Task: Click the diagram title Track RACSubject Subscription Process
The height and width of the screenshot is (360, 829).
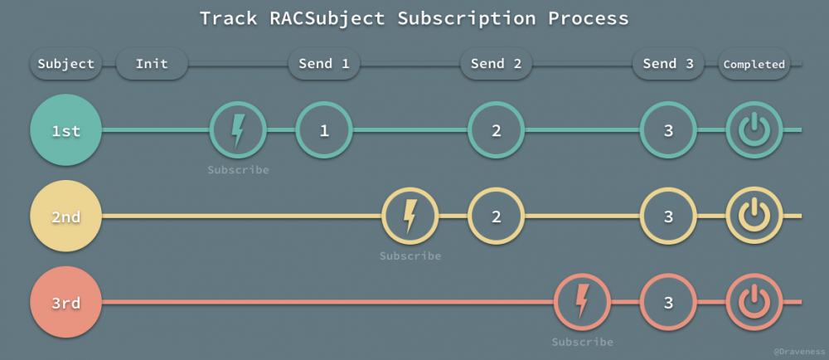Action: (414, 18)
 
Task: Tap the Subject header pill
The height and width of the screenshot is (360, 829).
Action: (65, 64)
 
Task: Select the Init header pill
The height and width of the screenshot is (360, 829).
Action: (152, 64)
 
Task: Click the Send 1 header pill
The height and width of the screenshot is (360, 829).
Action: (323, 64)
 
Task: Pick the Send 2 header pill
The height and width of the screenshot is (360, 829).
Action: (496, 64)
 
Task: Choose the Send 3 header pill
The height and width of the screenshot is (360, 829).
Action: (668, 64)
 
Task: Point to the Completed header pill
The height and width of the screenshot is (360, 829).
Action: (754, 64)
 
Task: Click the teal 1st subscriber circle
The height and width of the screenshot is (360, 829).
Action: (65, 130)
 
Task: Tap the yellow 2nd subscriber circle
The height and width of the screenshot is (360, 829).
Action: (65, 216)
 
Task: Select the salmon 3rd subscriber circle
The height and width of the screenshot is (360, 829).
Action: (65, 303)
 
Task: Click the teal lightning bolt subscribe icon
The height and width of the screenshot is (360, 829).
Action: (238, 130)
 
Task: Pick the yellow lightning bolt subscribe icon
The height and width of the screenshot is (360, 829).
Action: (410, 216)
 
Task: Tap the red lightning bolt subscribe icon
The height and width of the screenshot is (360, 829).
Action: (582, 303)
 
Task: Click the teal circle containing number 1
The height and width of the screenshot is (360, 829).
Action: (324, 130)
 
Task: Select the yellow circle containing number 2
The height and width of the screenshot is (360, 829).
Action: (496, 216)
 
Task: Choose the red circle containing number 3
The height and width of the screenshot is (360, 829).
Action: (668, 303)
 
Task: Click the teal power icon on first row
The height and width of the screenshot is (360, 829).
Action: (754, 130)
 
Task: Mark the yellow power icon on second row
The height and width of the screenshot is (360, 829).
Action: (754, 216)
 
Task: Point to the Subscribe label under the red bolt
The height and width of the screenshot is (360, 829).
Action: (582, 342)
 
